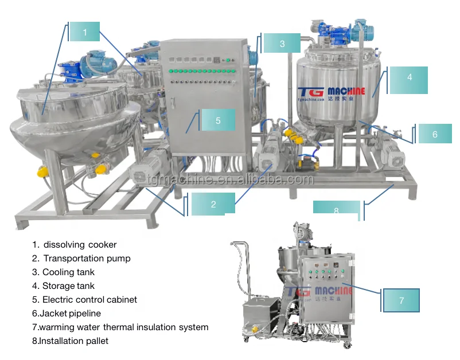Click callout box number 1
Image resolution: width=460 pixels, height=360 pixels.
pos(84,32)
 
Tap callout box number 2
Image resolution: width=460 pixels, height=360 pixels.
pos(213,204)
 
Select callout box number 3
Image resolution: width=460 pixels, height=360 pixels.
pos(282,44)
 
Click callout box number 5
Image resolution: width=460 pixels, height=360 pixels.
pos(218,120)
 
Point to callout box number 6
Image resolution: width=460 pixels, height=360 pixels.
pos(435,134)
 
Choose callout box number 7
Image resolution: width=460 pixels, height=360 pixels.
pos(401,300)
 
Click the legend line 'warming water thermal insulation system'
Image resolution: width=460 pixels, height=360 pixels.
pos(120,327)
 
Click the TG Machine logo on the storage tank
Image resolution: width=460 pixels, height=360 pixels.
pos(331,92)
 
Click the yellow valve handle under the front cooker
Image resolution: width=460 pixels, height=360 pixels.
pos(102,170)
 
